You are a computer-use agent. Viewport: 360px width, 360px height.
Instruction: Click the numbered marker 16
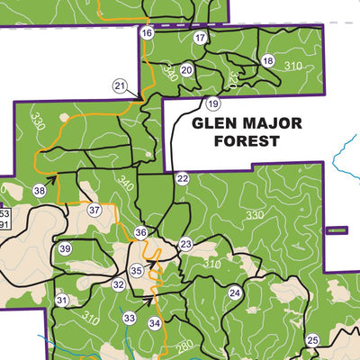tap(147, 33)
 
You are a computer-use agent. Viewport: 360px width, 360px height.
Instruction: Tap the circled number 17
tap(200, 37)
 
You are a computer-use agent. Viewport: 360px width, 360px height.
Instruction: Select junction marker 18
tap(267, 60)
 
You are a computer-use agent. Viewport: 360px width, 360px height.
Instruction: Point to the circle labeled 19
tap(212, 103)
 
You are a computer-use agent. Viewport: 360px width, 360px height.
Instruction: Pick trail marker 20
tap(186, 70)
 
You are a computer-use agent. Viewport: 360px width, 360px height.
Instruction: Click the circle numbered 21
tap(120, 85)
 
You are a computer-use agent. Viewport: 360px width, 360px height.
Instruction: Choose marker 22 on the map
tap(182, 179)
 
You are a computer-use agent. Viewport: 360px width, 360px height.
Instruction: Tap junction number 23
tap(185, 245)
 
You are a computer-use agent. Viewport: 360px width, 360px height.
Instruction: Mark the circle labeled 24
tap(234, 292)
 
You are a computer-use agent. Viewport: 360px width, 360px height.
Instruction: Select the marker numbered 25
tap(312, 339)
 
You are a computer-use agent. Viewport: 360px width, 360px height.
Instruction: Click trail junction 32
tap(118, 284)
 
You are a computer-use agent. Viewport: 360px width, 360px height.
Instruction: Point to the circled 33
tap(130, 319)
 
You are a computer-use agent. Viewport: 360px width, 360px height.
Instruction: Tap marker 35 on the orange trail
tap(136, 270)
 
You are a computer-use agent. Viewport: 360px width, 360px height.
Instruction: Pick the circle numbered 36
tap(140, 232)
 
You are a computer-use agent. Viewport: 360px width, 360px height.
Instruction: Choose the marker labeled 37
tap(94, 211)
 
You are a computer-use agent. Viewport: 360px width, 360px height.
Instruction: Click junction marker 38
tap(40, 191)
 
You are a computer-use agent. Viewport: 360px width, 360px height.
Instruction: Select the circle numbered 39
tap(65, 248)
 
